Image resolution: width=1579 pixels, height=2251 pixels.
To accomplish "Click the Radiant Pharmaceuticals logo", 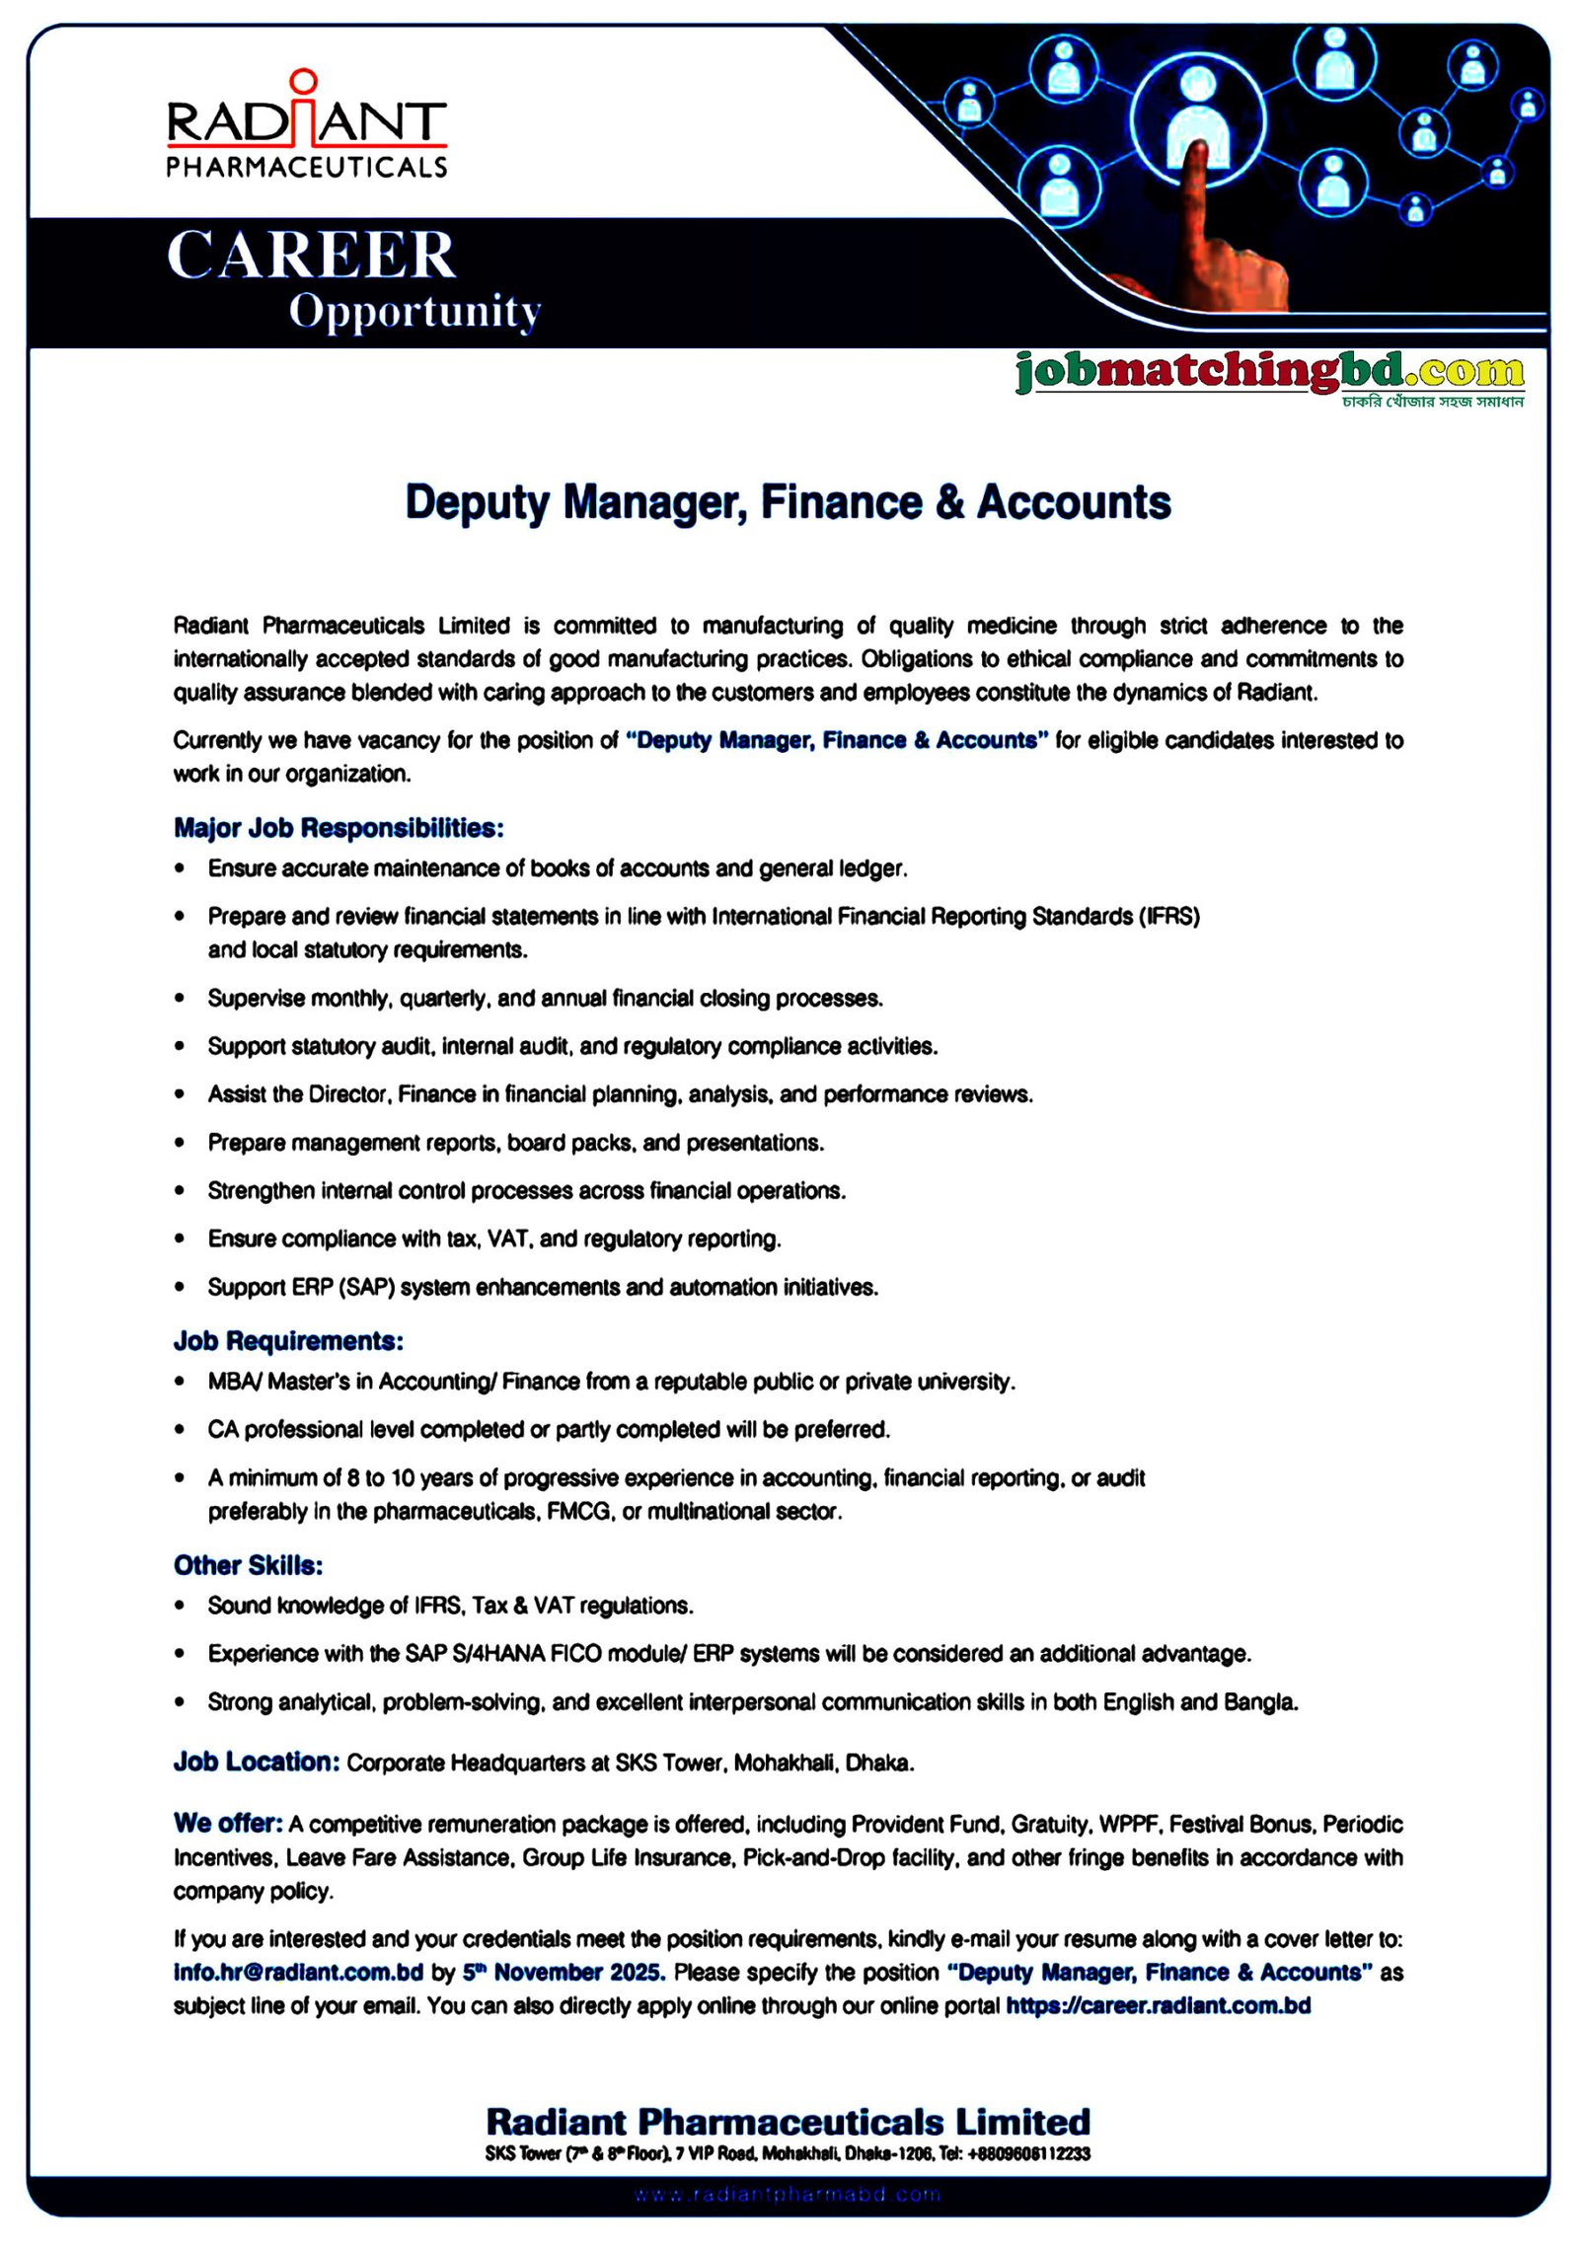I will [x=306, y=126].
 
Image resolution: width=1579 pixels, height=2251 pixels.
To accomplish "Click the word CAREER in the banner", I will [x=311, y=256].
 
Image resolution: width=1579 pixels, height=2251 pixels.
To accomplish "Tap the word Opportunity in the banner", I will [x=414, y=312].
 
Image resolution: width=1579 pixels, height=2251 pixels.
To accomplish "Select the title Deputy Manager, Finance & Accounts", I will [x=788, y=502].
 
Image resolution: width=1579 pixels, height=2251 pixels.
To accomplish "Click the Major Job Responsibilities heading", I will [x=338, y=827].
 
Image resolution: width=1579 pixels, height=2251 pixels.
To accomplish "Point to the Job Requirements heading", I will [x=288, y=1340].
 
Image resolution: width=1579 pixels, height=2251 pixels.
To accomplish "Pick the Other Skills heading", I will [x=249, y=1565].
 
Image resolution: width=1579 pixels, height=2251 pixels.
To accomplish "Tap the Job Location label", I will [x=257, y=1762].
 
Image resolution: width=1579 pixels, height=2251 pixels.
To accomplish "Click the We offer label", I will [x=228, y=1823].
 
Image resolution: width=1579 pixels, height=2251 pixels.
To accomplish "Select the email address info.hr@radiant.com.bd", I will [x=298, y=1972].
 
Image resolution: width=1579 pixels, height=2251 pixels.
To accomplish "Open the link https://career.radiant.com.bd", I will [x=1158, y=2005].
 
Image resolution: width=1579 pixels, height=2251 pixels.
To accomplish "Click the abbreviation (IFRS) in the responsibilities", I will [x=1169, y=917].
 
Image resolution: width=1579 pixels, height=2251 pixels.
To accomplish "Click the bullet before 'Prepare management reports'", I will [x=180, y=1143].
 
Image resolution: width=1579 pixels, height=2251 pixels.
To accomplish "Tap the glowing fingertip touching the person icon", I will [x=1200, y=150].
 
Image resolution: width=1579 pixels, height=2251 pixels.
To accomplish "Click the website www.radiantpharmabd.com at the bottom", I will [x=788, y=2195].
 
